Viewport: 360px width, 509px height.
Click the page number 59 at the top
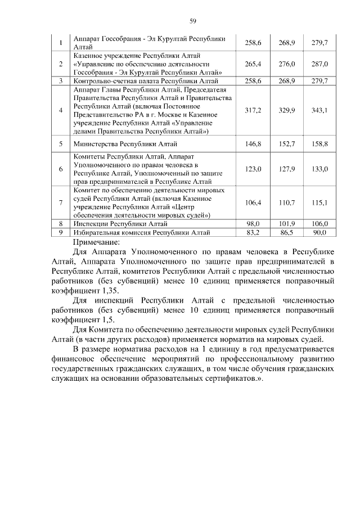192,21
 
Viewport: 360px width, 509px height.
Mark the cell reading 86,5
287,231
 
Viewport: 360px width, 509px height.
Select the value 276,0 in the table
287,64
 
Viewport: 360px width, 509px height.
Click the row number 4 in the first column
60,110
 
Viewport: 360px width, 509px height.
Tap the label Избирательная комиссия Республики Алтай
142,231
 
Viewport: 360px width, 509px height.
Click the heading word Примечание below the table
97,241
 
